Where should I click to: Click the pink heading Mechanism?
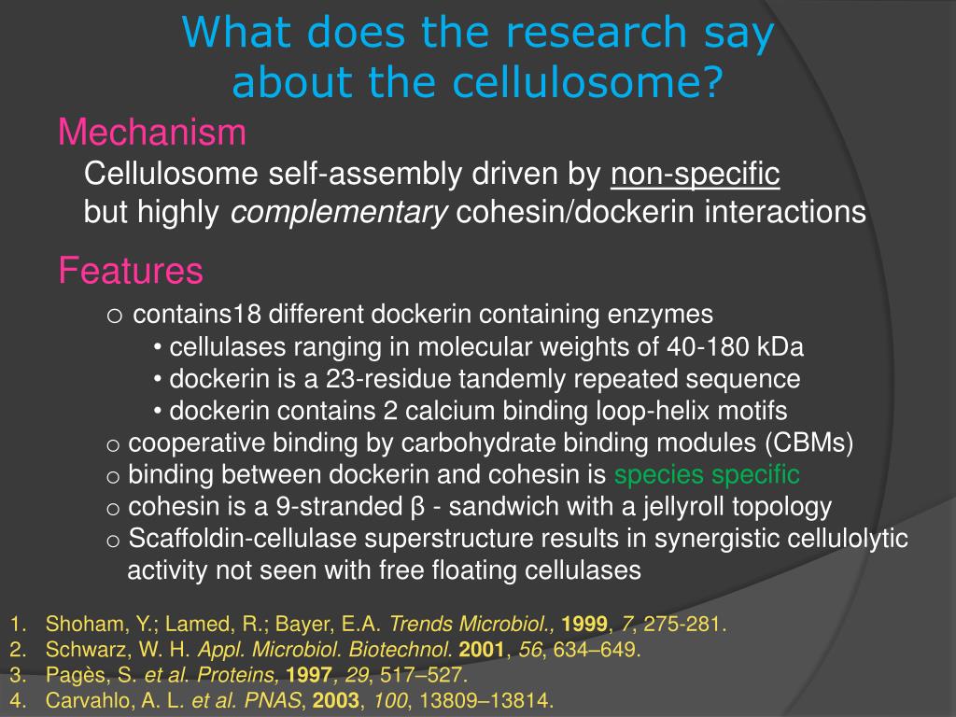152,134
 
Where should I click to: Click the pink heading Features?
130,272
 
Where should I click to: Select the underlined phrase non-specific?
695,174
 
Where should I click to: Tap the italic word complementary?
339,213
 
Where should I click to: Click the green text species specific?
707,474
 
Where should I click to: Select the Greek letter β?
418,507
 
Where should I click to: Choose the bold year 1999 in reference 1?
584,625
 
